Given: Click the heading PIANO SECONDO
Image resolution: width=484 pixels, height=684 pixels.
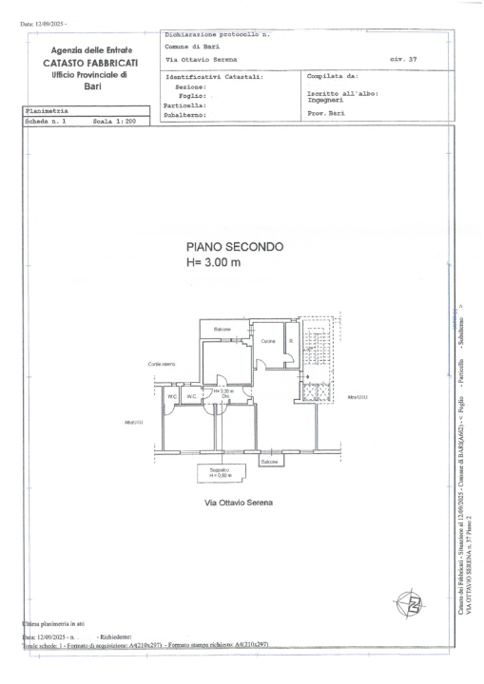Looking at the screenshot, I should point(235,247).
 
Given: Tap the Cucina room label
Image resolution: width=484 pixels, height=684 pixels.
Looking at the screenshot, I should point(268,340).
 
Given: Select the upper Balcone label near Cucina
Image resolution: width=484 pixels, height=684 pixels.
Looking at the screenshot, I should point(222,329).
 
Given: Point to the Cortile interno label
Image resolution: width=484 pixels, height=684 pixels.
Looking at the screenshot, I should point(161,364).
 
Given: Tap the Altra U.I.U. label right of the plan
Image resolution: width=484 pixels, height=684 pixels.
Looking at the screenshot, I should point(358,396).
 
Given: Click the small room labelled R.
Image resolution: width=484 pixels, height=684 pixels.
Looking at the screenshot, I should point(291,340).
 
